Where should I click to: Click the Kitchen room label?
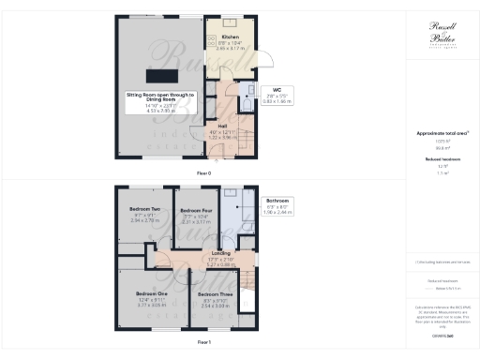[231, 37]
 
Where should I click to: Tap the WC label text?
[277, 90]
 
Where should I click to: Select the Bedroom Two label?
[143, 208]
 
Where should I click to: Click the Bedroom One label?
[144, 293]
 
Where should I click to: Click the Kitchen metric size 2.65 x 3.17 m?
[231, 47]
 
